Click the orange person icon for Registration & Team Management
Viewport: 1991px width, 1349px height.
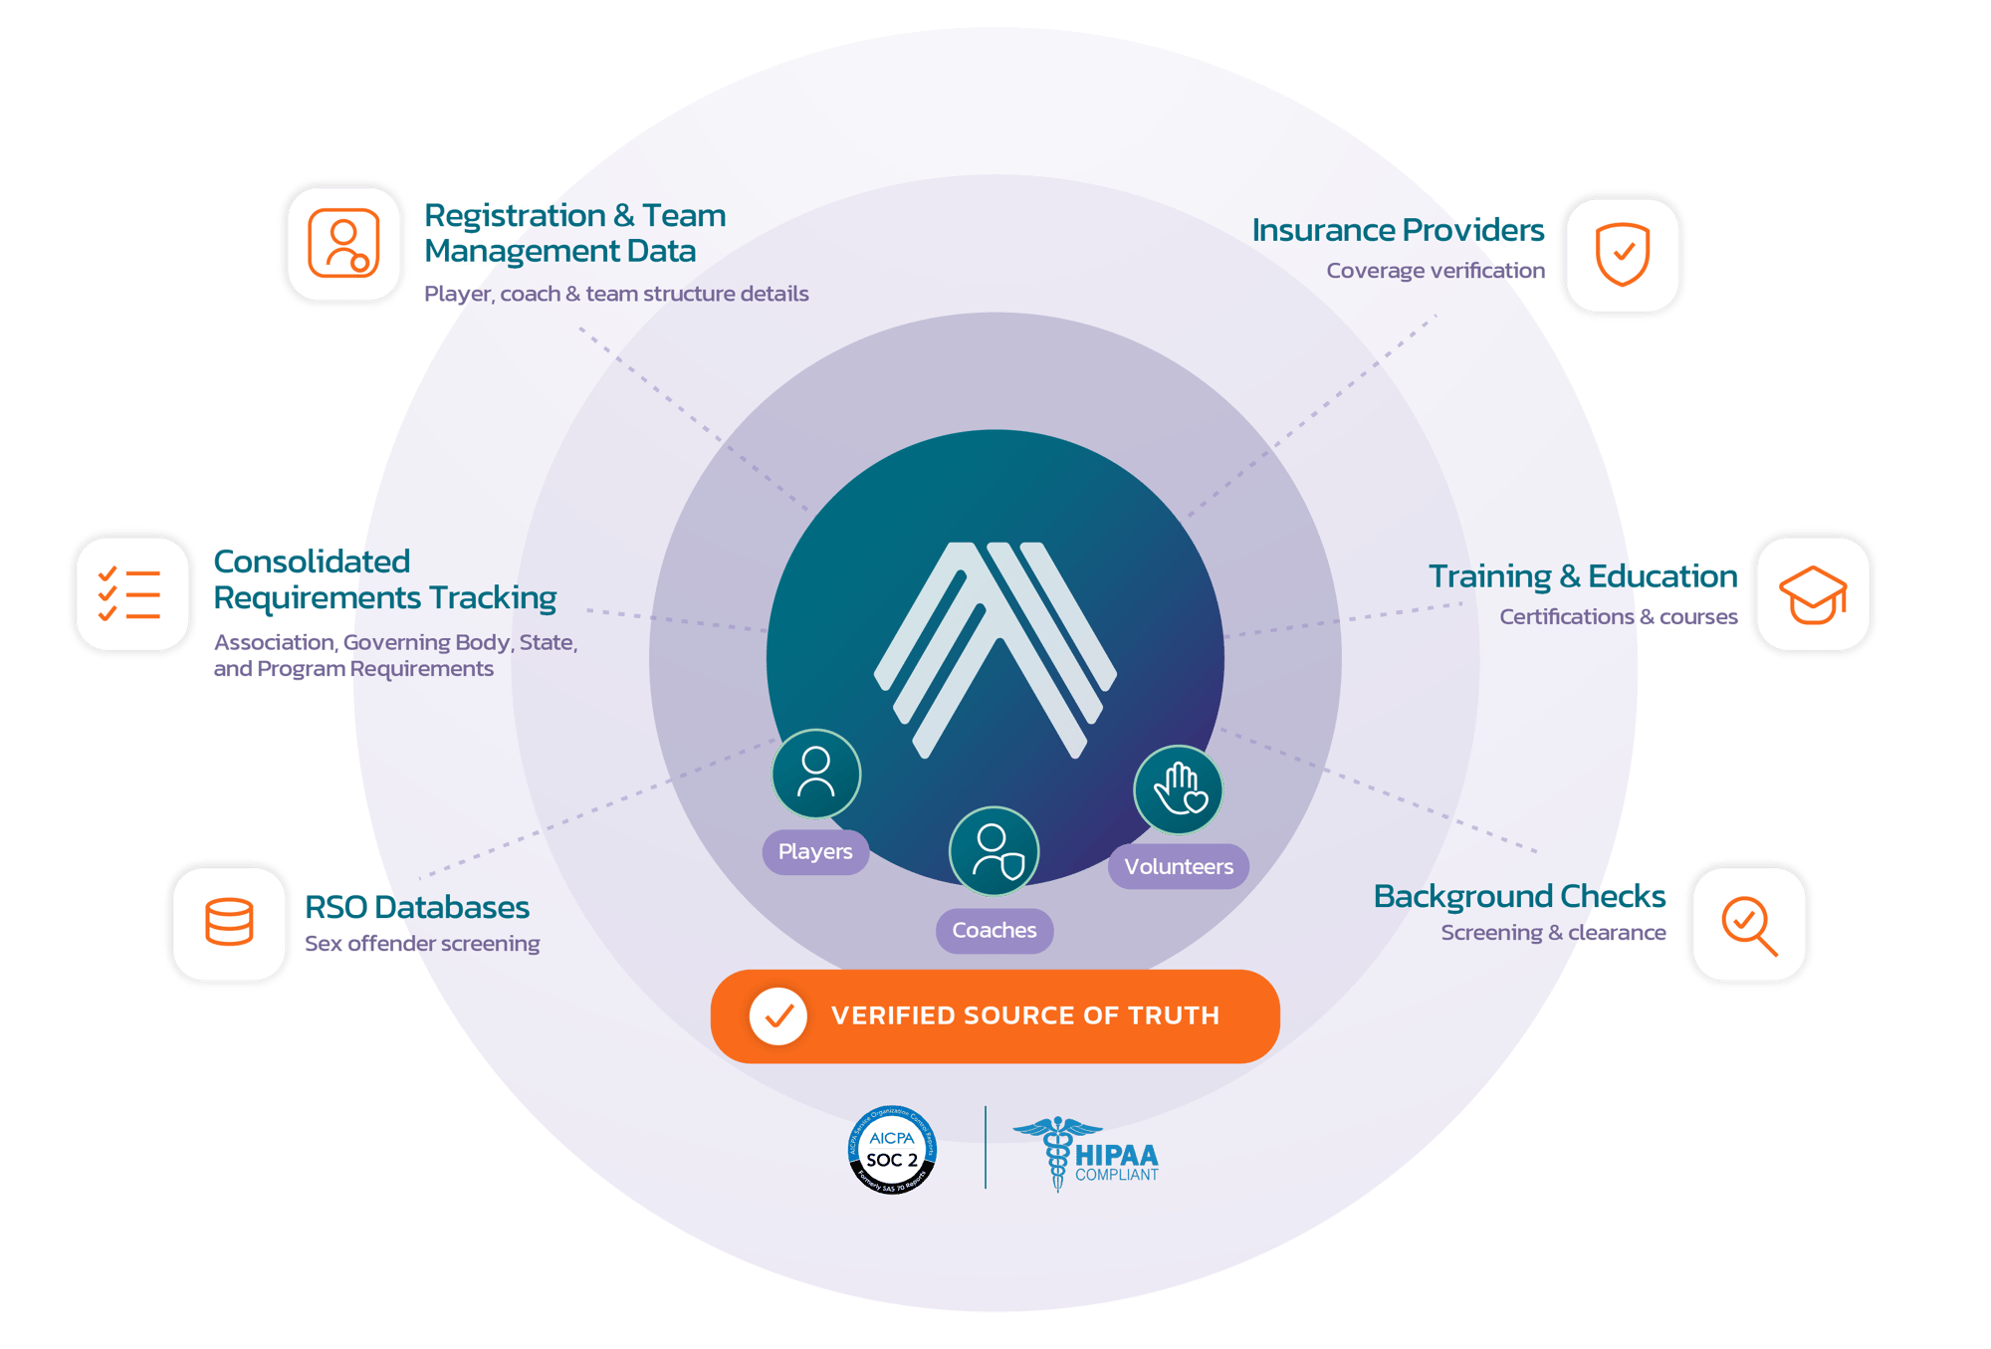(x=343, y=243)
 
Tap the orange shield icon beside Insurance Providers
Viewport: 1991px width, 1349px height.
(x=1622, y=254)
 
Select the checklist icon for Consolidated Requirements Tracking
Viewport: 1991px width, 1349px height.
(x=131, y=593)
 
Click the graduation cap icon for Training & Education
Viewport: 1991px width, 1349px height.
(x=1812, y=593)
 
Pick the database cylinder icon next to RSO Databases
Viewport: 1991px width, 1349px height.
(x=229, y=922)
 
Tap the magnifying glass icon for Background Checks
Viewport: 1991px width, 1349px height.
(x=1748, y=924)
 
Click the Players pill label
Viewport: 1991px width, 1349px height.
(x=815, y=852)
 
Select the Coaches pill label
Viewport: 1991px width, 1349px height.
(x=994, y=930)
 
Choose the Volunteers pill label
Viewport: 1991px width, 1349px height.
(x=1179, y=866)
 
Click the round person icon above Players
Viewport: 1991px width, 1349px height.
(x=815, y=775)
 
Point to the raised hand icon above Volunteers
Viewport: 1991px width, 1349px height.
(x=1179, y=789)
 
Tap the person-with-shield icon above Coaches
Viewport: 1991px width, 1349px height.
(x=994, y=851)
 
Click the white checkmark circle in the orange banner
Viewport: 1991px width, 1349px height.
(x=778, y=1015)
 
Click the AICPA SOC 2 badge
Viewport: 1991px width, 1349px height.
(x=892, y=1150)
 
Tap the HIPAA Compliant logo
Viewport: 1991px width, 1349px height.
(x=1087, y=1155)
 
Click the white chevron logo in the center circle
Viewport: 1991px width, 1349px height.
(x=995, y=647)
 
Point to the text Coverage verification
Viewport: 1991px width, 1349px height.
(x=1435, y=271)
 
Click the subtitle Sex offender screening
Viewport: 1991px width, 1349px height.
(x=422, y=944)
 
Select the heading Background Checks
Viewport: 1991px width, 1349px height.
(x=1519, y=897)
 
